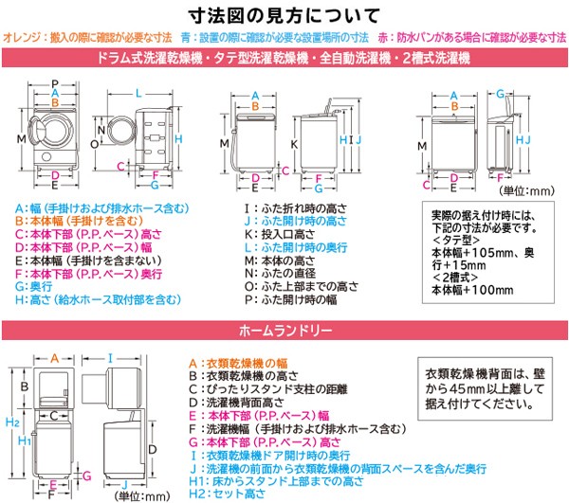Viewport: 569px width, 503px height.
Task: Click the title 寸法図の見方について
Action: click(x=284, y=16)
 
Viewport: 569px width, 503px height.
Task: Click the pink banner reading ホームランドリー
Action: click(x=284, y=332)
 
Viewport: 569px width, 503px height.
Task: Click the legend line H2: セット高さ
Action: click(x=224, y=494)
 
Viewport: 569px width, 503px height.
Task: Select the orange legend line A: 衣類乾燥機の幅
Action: click(x=243, y=361)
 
